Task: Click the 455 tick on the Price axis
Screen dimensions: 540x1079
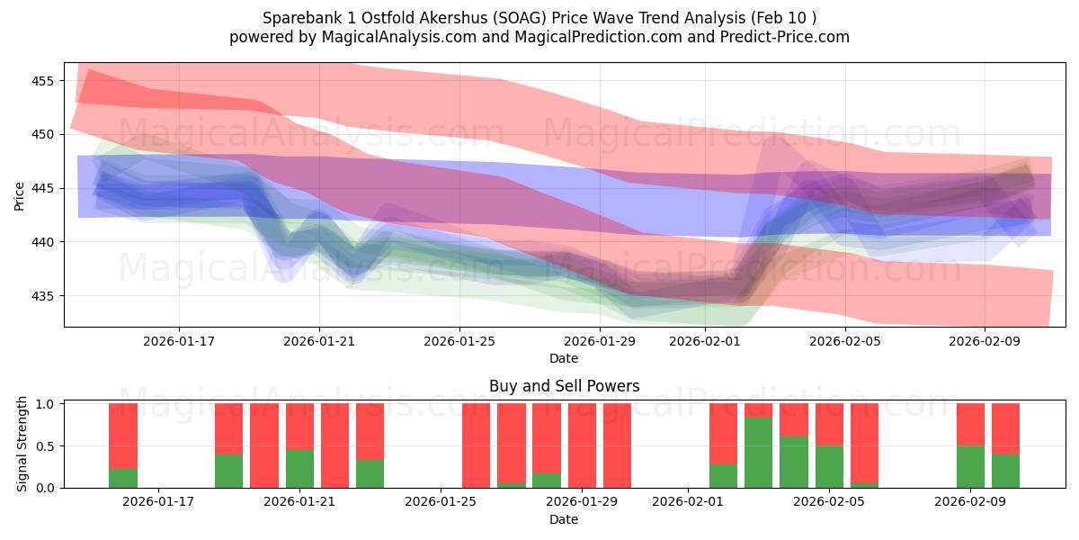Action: click(x=42, y=81)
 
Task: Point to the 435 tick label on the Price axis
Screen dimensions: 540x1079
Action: click(x=42, y=296)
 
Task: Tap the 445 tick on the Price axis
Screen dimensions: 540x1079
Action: click(x=42, y=188)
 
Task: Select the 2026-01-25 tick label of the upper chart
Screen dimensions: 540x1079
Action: click(x=459, y=341)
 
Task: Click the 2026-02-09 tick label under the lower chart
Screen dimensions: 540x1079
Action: click(x=971, y=502)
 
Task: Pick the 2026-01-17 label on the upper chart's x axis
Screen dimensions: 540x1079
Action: click(x=178, y=341)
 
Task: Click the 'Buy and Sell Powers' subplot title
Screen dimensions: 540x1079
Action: click(x=564, y=386)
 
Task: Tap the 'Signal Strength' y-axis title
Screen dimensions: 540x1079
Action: click(x=22, y=445)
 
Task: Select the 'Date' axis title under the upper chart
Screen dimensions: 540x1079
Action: click(x=564, y=358)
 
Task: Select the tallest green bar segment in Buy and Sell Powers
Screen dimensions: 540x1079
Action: click(x=759, y=453)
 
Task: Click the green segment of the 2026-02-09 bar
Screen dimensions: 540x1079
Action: click(x=970, y=466)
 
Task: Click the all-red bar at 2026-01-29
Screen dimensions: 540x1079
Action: click(x=582, y=445)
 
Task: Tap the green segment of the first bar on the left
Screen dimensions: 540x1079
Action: click(x=123, y=478)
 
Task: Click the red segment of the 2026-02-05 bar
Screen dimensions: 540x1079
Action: click(x=829, y=425)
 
